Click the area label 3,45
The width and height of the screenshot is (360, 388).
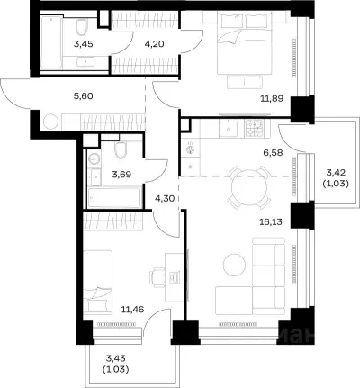point(84,44)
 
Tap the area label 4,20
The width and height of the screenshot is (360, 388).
point(154,44)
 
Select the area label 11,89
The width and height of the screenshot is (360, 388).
point(272,98)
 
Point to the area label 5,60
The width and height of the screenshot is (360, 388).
point(84,96)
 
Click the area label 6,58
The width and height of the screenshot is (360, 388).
point(273,153)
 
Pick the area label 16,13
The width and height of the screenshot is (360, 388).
point(271,221)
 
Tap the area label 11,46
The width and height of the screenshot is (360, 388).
point(132,309)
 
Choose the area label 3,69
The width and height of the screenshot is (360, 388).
point(121,174)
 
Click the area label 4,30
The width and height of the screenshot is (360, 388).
point(165,198)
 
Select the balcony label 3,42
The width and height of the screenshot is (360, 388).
point(336,172)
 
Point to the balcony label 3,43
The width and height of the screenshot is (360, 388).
point(116,358)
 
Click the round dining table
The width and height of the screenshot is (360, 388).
point(249,187)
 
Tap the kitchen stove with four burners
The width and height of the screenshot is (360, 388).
point(254,128)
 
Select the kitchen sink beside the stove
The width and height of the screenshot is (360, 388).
point(229,128)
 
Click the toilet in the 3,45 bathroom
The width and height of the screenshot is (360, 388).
point(81,26)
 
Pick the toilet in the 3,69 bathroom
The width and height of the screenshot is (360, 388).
point(121,150)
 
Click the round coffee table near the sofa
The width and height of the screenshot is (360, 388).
point(234,266)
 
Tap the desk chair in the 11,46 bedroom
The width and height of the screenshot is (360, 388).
point(157,276)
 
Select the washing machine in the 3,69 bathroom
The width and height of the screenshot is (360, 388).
point(94,158)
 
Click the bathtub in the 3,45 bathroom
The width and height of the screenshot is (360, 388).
point(51,42)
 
